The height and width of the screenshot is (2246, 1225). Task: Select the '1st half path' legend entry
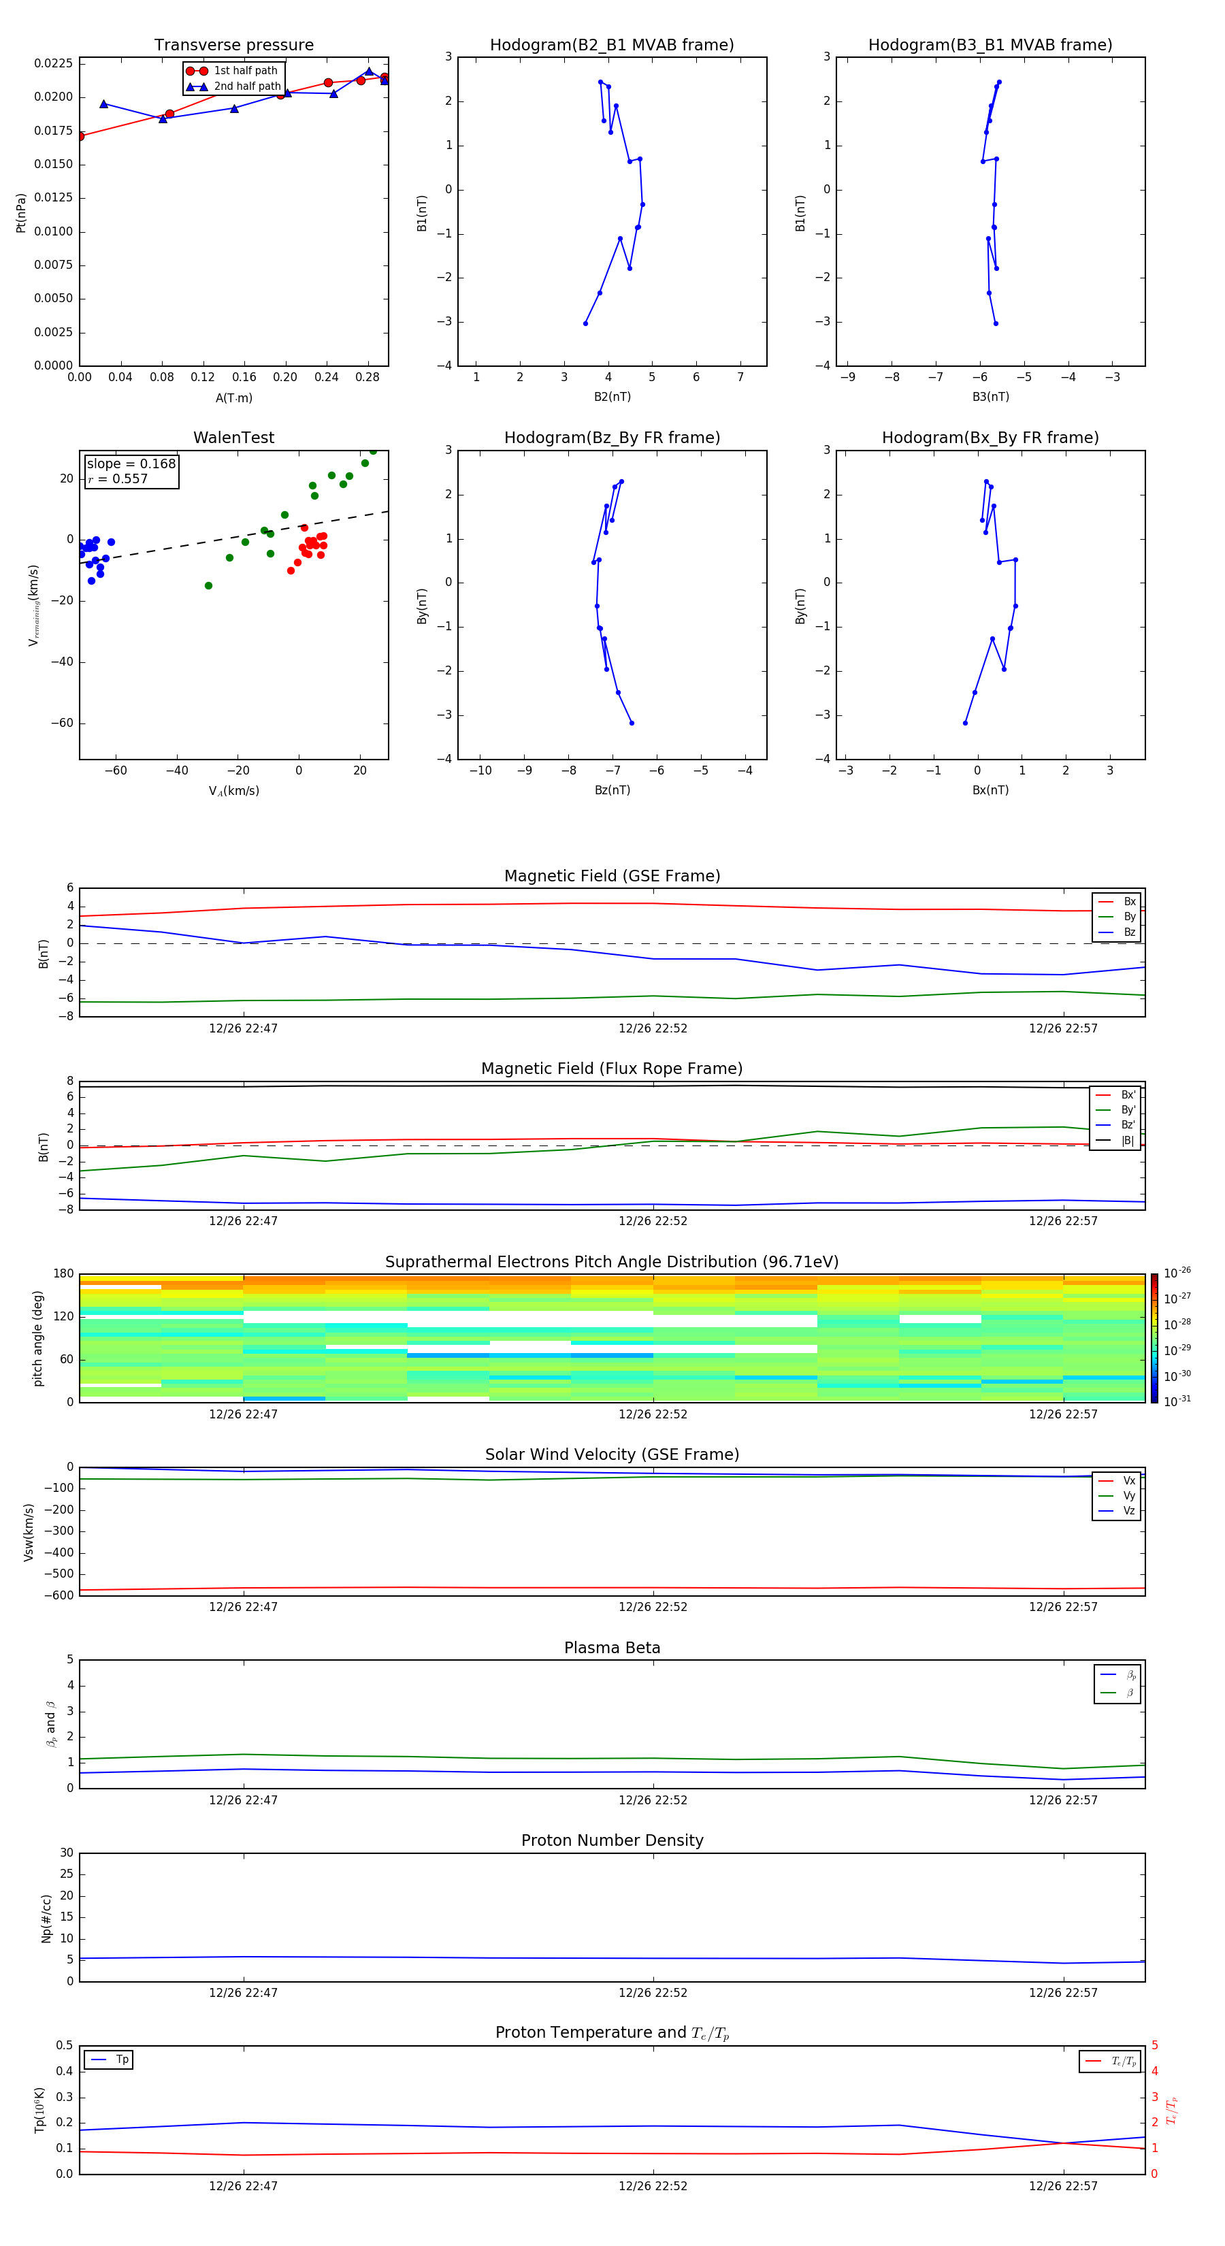[245, 71]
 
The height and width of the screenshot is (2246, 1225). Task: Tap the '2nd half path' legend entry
[247, 86]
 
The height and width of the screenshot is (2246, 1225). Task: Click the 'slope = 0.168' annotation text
[131, 464]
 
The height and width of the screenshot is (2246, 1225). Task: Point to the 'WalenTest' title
[233, 438]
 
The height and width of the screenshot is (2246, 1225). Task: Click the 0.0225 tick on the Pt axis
[53, 64]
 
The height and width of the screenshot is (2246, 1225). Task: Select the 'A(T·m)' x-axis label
[233, 398]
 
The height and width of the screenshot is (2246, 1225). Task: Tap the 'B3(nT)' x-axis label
[990, 397]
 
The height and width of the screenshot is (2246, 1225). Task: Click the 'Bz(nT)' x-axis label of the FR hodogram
[612, 790]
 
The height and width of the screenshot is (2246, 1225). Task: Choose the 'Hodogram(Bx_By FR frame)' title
[990, 438]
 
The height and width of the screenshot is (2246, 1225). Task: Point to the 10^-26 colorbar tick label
[1177, 1273]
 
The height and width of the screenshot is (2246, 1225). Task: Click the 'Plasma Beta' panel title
[611, 1648]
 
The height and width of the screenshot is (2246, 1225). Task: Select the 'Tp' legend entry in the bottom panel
[122, 2060]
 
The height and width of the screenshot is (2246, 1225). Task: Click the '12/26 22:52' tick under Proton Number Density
[653, 1992]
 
